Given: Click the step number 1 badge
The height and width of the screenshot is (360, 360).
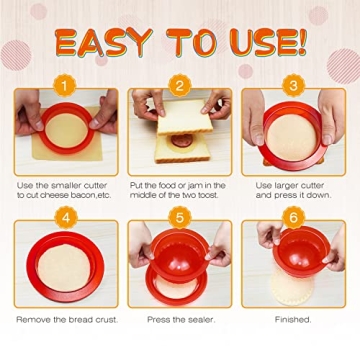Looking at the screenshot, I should coord(65,86).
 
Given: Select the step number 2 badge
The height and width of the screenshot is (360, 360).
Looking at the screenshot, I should coord(180,86).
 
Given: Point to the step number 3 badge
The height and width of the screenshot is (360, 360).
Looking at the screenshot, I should coord(294,86).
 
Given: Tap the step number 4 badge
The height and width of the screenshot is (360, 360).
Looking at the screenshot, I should coord(65,217).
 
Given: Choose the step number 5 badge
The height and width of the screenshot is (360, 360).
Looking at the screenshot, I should coord(180,217).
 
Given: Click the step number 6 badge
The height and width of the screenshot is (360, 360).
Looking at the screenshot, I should coord(294,217).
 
